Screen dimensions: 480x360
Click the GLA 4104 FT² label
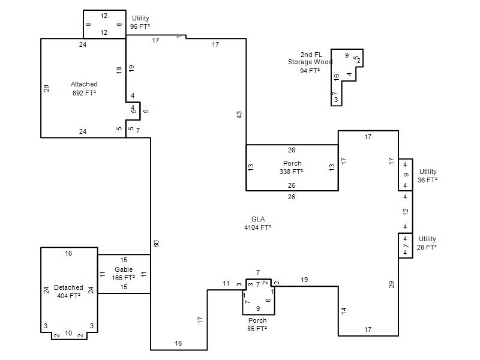pyautogui.click(x=258, y=223)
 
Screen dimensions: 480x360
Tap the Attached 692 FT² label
pyautogui.click(x=84, y=88)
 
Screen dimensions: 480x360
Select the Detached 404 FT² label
pyautogui.click(x=68, y=292)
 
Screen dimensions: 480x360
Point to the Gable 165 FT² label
pyautogui.click(x=124, y=274)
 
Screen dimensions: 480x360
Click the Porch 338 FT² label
pyautogui.click(x=292, y=167)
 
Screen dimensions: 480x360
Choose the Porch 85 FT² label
pyautogui.click(x=257, y=325)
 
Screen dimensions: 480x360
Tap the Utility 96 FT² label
pyautogui.click(x=140, y=22)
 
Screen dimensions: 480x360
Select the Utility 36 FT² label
pyautogui.click(x=428, y=176)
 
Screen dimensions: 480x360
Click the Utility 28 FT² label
pyautogui.click(x=427, y=243)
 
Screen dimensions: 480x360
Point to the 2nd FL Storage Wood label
pyautogui.click(x=310, y=62)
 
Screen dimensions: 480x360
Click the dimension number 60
pyautogui.click(x=156, y=244)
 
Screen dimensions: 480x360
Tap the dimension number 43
pyautogui.click(x=239, y=115)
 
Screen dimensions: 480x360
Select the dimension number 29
pyautogui.click(x=392, y=284)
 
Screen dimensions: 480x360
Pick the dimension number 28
pyautogui.click(x=46, y=88)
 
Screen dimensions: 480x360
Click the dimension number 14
pyautogui.click(x=344, y=311)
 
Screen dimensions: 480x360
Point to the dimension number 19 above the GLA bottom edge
pyautogui.click(x=304, y=280)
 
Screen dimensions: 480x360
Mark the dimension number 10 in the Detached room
pyautogui.click(x=68, y=333)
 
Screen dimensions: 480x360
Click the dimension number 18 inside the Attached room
pyautogui.click(x=119, y=70)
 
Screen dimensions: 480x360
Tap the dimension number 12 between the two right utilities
pyautogui.click(x=406, y=212)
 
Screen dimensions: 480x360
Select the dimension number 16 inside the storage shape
pyautogui.click(x=337, y=77)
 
